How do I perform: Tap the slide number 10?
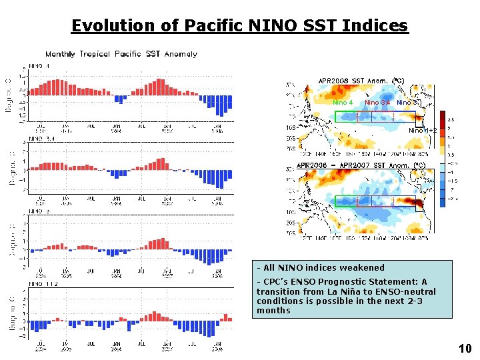tap(465, 348)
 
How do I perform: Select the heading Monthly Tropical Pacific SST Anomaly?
tap(121, 54)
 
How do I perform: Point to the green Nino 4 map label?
tap(343, 103)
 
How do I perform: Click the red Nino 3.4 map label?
tap(377, 103)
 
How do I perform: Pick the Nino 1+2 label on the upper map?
tap(423, 131)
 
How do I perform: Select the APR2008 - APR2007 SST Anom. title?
tap(361, 165)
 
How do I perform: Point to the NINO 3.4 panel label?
tap(39, 140)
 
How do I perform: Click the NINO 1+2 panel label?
tap(39, 283)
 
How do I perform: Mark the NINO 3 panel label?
tap(37, 211)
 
